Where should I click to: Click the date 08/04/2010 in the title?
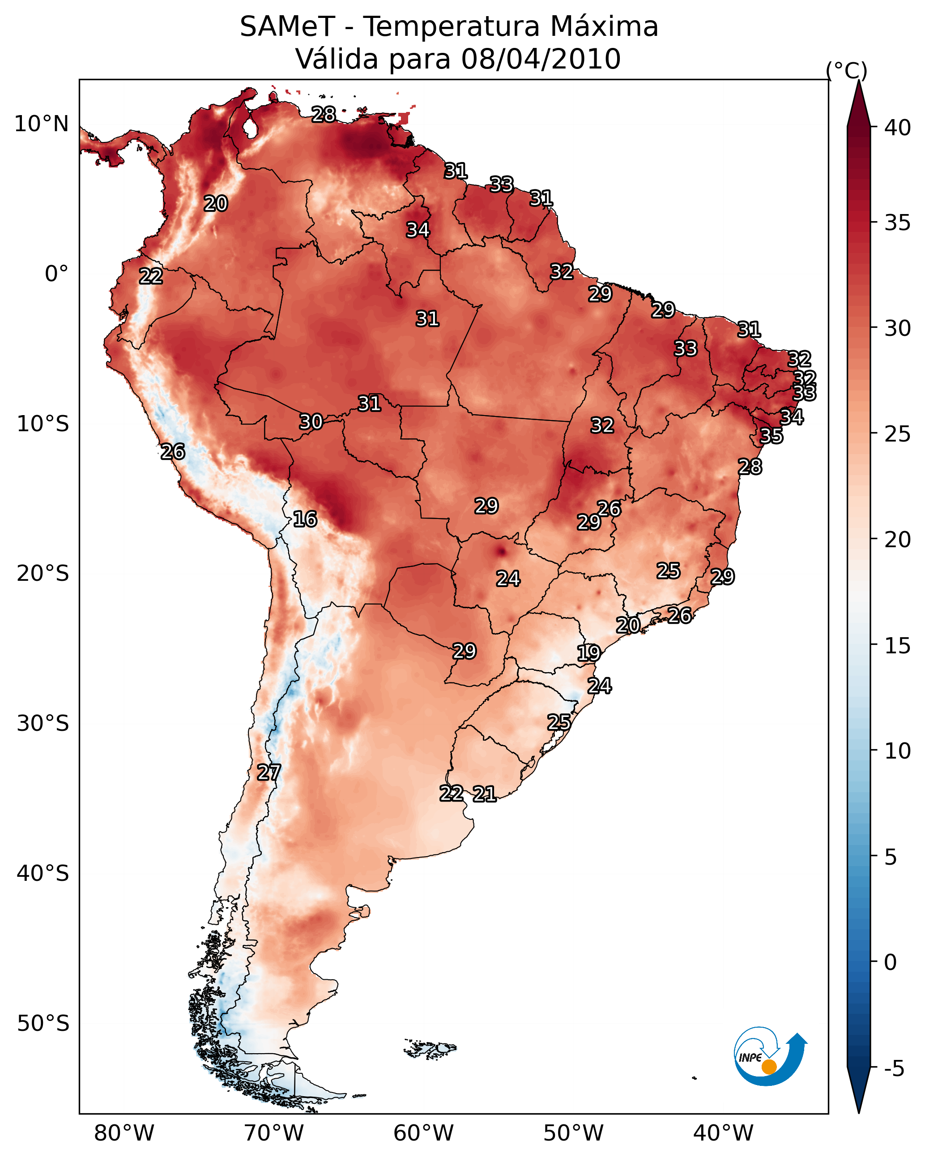[x=541, y=59]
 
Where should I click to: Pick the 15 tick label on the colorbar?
[x=898, y=646]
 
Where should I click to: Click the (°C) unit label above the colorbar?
[x=847, y=70]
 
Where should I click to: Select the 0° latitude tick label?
[x=57, y=274]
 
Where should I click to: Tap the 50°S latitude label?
[x=43, y=1024]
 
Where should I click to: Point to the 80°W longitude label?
[x=124, y=1133]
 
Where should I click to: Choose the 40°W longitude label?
[x=723, y=1133]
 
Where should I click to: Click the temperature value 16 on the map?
[x=305, y=519]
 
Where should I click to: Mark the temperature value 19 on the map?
[x=588, y=653]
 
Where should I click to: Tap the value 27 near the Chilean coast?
[x=269, y=772]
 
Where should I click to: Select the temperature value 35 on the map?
[x=771, y=436]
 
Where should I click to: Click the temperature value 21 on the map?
[x=484, y=794]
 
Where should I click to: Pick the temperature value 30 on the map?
[x=311, y=422]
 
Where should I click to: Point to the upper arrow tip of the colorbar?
[x=859, y=81]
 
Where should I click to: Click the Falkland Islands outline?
[x=430, y=1048]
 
